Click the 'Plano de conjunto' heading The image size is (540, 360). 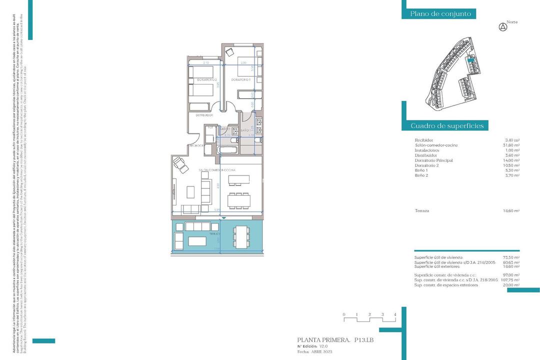(440, 14)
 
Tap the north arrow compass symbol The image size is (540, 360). (503, 27)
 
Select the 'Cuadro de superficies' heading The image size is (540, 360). (447, 125)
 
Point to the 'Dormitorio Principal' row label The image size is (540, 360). (433, 160)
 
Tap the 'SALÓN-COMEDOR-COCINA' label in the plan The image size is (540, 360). (216, 170)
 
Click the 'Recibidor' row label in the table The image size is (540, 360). (424, 140)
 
